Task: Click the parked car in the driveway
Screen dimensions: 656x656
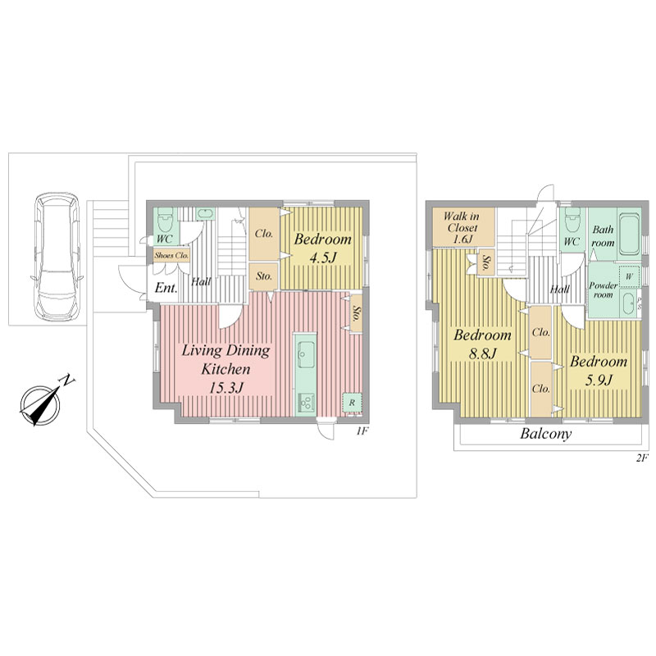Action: point(57,257)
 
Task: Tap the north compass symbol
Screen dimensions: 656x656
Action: point(42,403)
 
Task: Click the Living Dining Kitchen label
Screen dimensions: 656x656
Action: point(226,369)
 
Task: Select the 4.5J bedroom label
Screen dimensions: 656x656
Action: point(322,248)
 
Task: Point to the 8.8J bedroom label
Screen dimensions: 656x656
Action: point(482,344)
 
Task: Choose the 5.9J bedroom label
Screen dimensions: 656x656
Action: point(599,371)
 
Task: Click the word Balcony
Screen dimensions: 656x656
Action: point(545,434)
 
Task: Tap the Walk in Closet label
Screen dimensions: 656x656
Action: point(462,228)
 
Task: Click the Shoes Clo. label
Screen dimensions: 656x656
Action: point(171,255)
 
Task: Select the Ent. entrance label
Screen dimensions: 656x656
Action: point(166,288)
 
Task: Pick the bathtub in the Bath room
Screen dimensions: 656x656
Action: point(629,235)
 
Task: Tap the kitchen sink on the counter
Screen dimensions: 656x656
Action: point(306,354)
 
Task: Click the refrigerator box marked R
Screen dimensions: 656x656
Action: point(353,403)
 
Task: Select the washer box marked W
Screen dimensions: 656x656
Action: point(629,276)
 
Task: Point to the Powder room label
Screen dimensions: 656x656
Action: point(603,290)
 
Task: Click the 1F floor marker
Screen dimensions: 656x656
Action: point(362,431)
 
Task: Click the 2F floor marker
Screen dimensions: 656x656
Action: point(642,458)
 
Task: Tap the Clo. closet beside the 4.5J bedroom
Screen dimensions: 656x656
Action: point(264,234)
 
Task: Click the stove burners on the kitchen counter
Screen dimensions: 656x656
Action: point(306,403)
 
